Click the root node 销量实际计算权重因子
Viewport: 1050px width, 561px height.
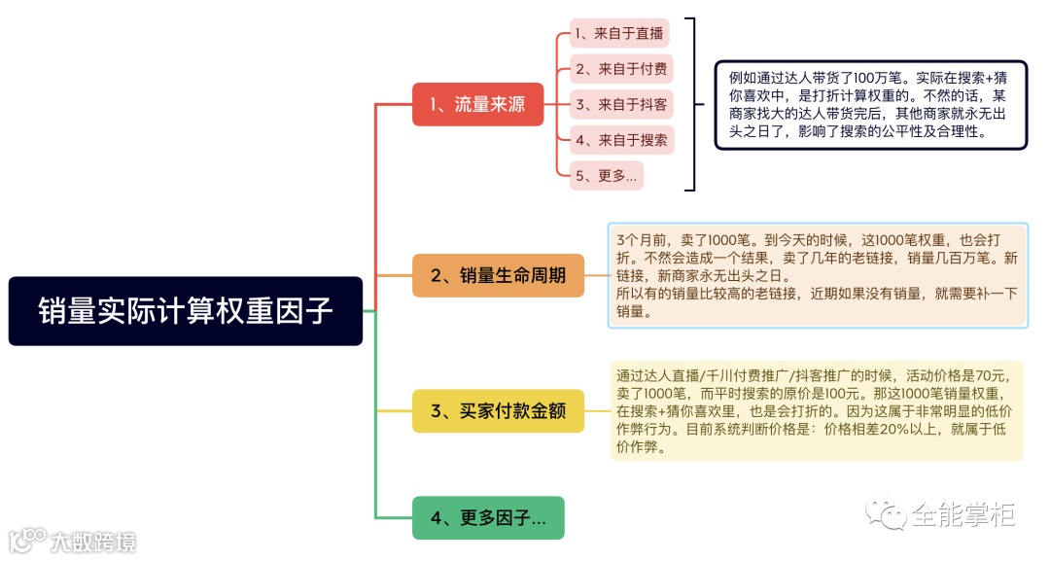point(185,311)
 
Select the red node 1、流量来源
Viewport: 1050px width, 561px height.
point(477,104)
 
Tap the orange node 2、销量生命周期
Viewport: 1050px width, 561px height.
point(498,275)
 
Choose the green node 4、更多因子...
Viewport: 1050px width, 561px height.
point(488,517)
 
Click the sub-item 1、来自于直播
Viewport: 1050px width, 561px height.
point(618,34)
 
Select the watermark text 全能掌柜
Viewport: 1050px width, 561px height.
point(962,513)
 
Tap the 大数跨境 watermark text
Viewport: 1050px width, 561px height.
point(92,542)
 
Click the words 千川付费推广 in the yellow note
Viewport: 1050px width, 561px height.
point(750,374)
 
